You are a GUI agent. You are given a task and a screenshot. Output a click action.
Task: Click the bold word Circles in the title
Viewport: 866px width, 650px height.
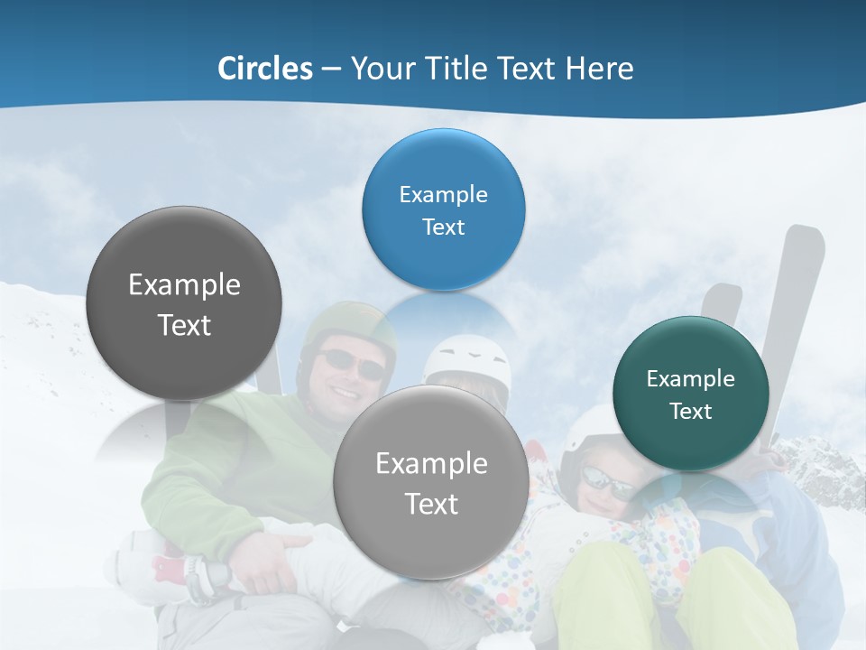coord(264,69)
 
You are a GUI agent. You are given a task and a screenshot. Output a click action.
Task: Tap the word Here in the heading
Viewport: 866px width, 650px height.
coord(599,69)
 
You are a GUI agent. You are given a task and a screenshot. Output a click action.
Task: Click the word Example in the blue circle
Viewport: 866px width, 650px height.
coord(443,194)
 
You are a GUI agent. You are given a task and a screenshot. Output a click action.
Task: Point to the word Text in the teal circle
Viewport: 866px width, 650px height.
coord(691,412)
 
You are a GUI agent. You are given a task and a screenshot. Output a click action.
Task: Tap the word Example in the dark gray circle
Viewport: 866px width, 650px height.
coord(184,285)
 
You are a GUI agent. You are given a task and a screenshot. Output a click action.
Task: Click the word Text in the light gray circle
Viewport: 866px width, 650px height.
coord(432,504)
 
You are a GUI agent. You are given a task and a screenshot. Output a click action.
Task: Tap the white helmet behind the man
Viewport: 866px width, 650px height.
coord(467,361)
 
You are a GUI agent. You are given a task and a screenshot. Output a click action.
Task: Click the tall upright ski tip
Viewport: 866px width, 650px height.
coord(803,262)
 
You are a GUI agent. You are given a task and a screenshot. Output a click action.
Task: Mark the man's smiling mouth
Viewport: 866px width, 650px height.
coord(345,392)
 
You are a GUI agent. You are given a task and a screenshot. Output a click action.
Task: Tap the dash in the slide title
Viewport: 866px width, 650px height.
coord(331,69)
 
